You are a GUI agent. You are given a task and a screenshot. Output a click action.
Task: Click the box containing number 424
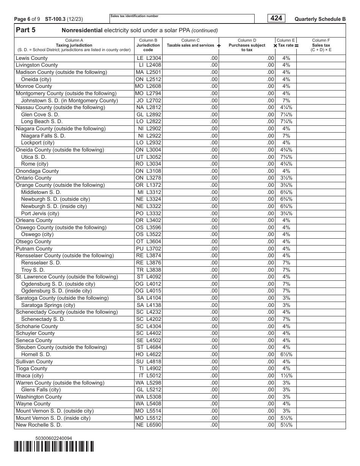(276, 18)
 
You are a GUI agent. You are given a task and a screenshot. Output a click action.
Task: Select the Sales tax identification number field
(182, 19)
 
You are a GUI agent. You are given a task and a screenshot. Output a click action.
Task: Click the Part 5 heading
(25, 30)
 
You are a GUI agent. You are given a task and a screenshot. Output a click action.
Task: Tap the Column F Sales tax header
(321, 45)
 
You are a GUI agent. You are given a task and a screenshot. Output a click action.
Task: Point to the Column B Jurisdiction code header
(148, 45)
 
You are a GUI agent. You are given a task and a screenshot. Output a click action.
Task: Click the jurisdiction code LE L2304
(149, 58)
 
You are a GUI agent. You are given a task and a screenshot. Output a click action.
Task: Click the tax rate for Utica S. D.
(286, 157)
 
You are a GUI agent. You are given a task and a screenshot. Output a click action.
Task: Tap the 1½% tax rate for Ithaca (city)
(286, 376)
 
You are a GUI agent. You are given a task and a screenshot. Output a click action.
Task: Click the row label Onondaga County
(37, 171)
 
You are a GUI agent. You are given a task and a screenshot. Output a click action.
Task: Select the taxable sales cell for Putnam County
(191, 249)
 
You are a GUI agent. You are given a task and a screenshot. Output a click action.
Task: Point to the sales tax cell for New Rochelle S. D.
(321, 425)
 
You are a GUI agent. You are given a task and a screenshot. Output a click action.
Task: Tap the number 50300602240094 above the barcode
(53, 438)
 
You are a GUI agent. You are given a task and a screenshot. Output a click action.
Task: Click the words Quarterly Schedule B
(320, 19)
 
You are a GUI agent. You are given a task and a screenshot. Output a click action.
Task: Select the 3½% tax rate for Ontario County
(286, 178)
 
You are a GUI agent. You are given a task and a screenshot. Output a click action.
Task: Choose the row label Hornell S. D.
(36, 355)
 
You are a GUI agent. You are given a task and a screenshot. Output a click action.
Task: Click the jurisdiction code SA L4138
(149, 305)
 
